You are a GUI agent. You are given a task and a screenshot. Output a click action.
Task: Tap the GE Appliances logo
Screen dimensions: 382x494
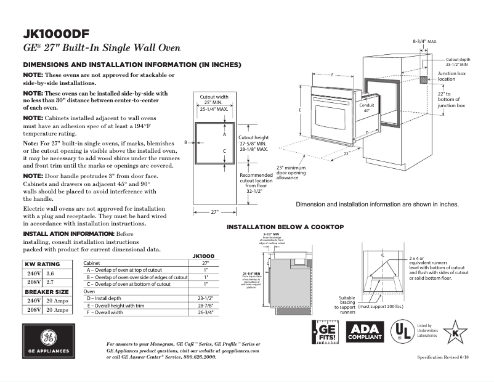coord(48,341)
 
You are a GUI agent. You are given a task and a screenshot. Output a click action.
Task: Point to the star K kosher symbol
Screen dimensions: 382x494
coord(455,332)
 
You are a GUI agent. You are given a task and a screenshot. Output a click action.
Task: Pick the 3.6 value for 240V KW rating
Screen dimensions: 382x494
coord(51,272)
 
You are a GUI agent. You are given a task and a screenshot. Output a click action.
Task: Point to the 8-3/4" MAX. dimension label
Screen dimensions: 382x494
coord(424,41)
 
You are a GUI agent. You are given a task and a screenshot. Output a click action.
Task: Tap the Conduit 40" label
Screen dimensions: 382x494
coord(367,108)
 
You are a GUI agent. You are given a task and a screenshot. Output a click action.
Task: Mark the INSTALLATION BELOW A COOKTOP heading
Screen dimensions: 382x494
coord(285,227)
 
